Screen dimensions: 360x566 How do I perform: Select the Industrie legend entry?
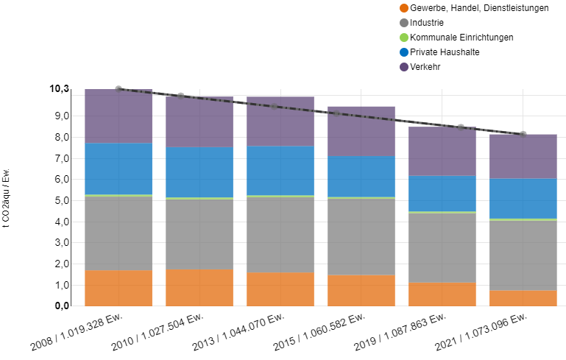[427, 23]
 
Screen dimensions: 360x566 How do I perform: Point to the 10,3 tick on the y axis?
[59, 89]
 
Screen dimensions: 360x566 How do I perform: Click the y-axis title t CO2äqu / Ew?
[7, 200]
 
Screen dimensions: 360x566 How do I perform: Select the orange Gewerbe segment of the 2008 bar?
[118, 288]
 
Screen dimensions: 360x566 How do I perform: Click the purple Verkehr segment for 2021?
[523, 156]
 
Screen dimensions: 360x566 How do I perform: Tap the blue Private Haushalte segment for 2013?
[280, 170]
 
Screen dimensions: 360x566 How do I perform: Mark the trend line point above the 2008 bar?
[118, 88]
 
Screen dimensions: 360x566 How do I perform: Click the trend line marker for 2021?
[523, 134]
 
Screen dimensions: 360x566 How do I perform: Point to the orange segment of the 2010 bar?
[199, 287]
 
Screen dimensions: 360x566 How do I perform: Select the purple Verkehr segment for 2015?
[361, 131]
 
